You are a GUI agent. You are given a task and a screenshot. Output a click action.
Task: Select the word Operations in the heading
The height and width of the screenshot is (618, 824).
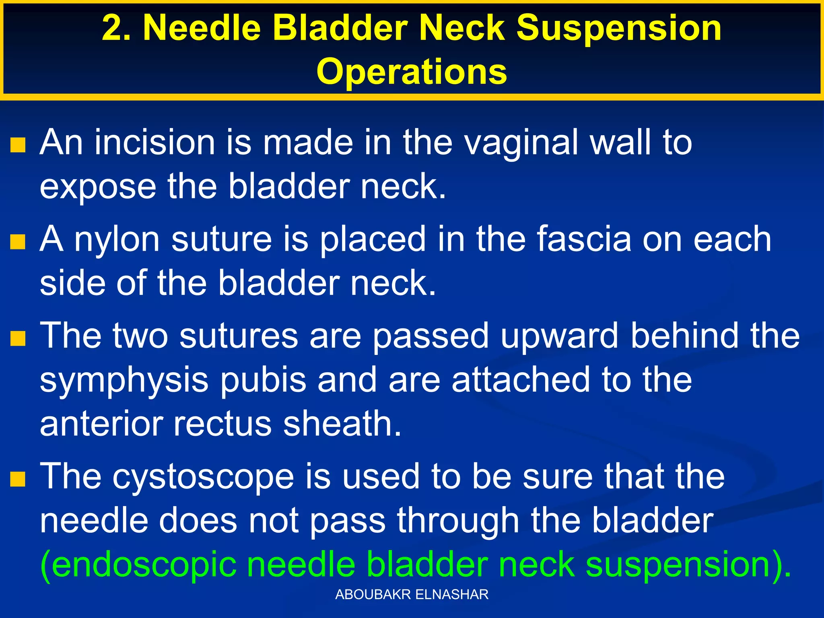(x=412, y=72)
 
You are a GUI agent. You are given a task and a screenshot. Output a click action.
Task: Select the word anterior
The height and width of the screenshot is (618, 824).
(x=101, y=424)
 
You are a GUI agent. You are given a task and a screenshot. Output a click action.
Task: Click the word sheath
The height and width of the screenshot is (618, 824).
(x=342, y=424)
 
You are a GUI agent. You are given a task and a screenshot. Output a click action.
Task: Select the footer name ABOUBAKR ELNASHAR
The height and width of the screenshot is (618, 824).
(x=412, y=594)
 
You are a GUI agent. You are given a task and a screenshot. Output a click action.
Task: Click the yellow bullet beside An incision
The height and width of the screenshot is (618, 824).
(x=18, y=145)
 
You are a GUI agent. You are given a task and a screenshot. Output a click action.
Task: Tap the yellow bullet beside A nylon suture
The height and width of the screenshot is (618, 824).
(x=18, y=241)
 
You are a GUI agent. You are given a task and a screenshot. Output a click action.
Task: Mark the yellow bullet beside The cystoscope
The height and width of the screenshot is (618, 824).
(x=18, y=479)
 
